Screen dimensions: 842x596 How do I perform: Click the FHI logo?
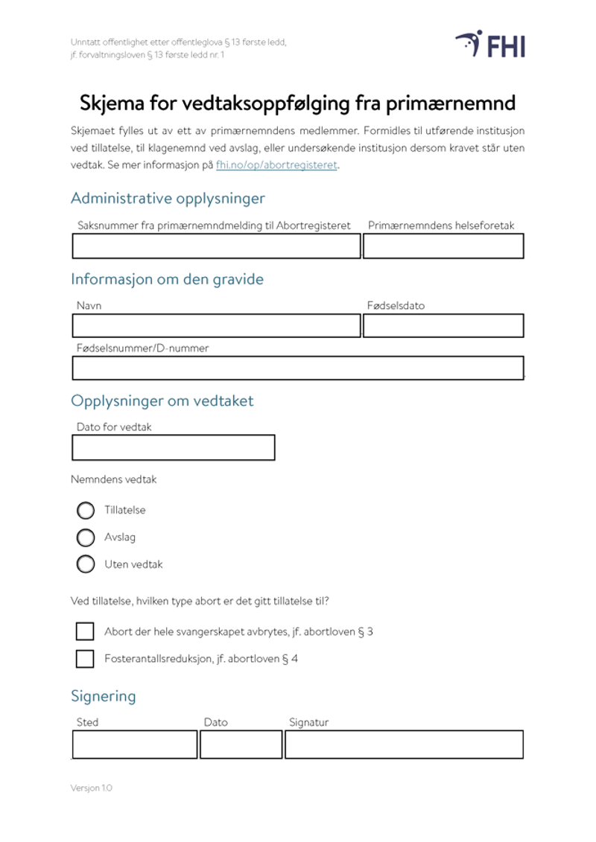490,45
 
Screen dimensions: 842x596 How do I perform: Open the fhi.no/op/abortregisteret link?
276,165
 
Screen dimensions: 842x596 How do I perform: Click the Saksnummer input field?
216,246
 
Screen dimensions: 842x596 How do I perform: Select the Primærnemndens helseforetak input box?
443,246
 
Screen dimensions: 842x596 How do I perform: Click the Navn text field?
216,326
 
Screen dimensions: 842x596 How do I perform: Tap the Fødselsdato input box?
443,326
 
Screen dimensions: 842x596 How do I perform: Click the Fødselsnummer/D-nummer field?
298,368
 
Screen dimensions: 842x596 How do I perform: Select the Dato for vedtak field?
174,447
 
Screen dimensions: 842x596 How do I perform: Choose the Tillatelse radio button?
86,511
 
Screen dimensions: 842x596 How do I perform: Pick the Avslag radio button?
86,538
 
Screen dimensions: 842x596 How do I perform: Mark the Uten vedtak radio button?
86,564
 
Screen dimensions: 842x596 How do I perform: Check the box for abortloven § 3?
85,631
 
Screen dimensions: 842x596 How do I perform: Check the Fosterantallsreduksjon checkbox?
85,659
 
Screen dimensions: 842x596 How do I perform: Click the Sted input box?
135,744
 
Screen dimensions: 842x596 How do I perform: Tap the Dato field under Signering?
241,744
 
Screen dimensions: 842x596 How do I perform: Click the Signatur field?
404,744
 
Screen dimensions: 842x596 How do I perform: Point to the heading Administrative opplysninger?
168,199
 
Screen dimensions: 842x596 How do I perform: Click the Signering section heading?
104,697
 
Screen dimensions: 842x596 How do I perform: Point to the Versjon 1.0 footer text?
92,788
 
